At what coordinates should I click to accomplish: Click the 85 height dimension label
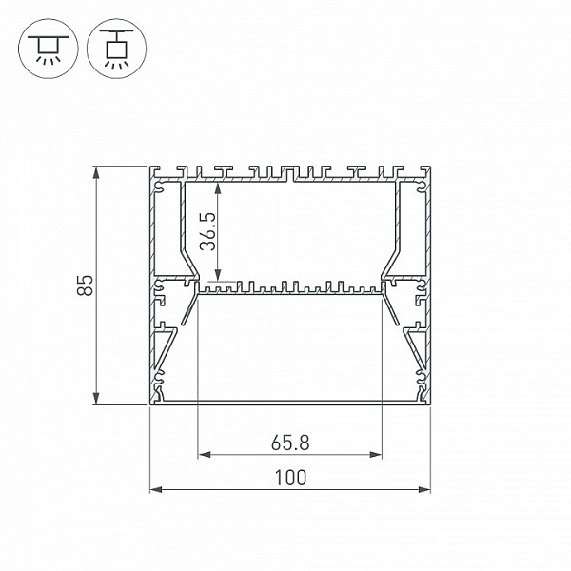86,285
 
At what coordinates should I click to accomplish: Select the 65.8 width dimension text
290,443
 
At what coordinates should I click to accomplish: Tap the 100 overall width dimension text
290,478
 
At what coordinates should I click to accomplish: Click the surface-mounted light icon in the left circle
49,49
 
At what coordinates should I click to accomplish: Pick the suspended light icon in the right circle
116,49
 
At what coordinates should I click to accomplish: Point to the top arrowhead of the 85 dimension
96,172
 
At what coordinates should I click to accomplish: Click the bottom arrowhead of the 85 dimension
96,398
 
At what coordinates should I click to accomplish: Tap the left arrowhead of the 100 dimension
156,490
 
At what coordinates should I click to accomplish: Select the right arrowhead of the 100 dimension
424,490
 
